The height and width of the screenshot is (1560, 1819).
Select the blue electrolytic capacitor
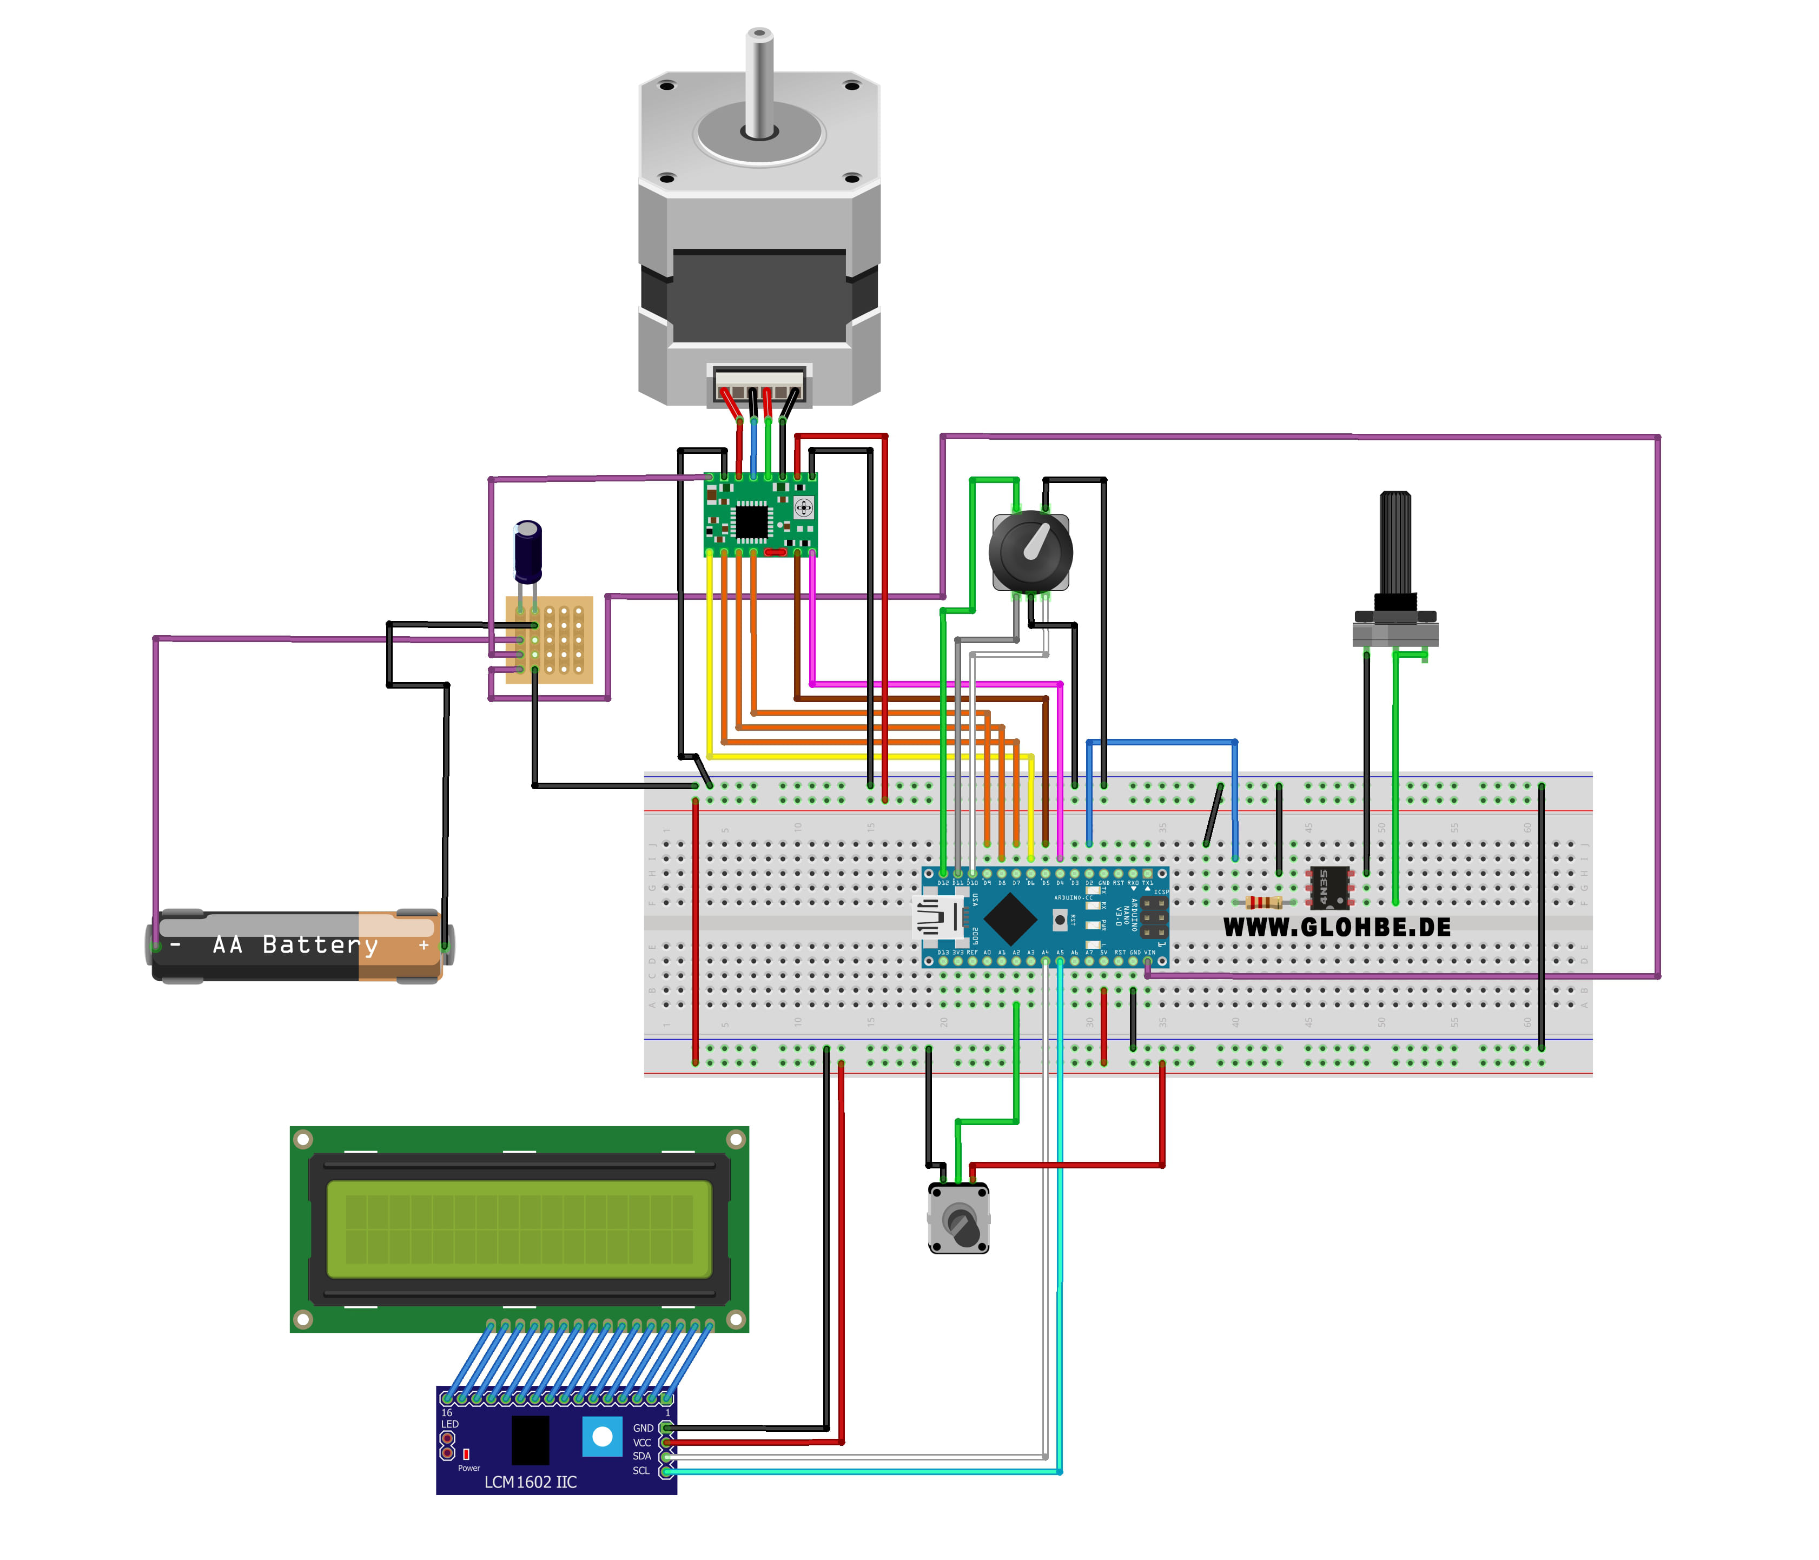coord(527,551)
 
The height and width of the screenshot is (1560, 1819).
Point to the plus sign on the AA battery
coord(424,946)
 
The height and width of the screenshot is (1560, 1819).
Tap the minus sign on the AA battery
coord(176,946)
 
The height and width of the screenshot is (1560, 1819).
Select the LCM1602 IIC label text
coord(530,1482)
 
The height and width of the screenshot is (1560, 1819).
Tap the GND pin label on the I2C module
coord(643,1429)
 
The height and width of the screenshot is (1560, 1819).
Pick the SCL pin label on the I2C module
coord(641,1470)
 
